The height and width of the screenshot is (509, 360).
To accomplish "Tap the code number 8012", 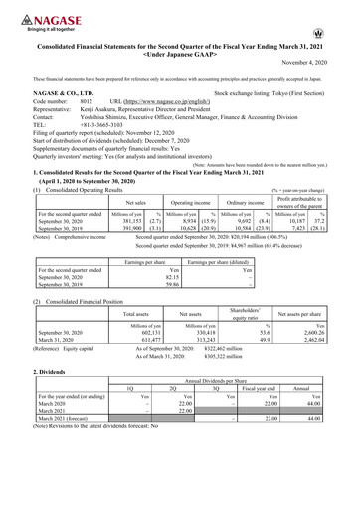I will tap(86, 101).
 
